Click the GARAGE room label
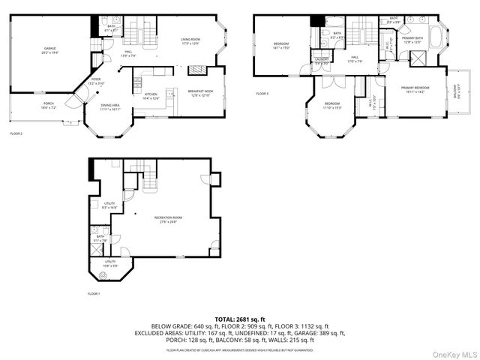[x=49, y=51]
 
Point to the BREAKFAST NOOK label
[x=203, y=93]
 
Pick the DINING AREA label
[x=110, y=107]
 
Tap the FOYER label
[x=96, y=79]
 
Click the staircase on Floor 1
[x=151, y=180]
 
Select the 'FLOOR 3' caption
[x=262, y=94]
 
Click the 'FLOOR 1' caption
[x=94, y=293]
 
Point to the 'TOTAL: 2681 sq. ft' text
[x=239, y=319]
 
